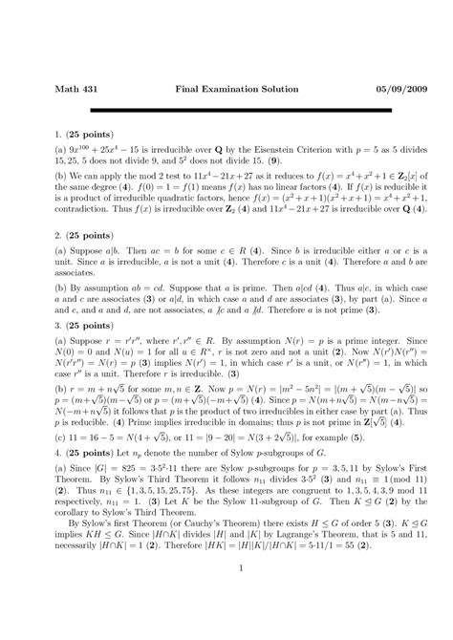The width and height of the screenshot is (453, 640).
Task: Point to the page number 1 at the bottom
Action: coord(226,622)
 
